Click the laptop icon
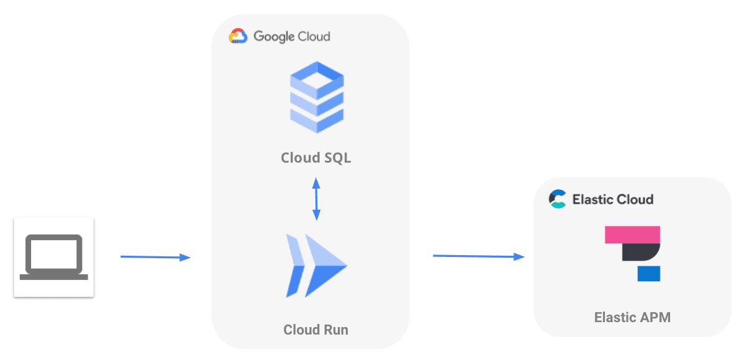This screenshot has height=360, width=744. tap(54, 256)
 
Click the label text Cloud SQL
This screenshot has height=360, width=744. tap(316, 158)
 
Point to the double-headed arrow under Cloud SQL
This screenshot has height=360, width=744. tap(316, 199)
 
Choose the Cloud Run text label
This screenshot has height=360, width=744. tap(316, 330)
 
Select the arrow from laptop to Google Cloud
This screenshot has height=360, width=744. tap(155, 257)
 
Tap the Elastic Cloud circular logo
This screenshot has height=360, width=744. tap(558, 199)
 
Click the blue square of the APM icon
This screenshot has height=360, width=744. tap(648, 273)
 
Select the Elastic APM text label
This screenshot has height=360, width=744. tap(632, 318)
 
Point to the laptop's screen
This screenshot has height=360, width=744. tap(54, 253)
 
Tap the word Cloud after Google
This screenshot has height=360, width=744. tap(314, 37)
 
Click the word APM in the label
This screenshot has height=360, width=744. tap(655, 318)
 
